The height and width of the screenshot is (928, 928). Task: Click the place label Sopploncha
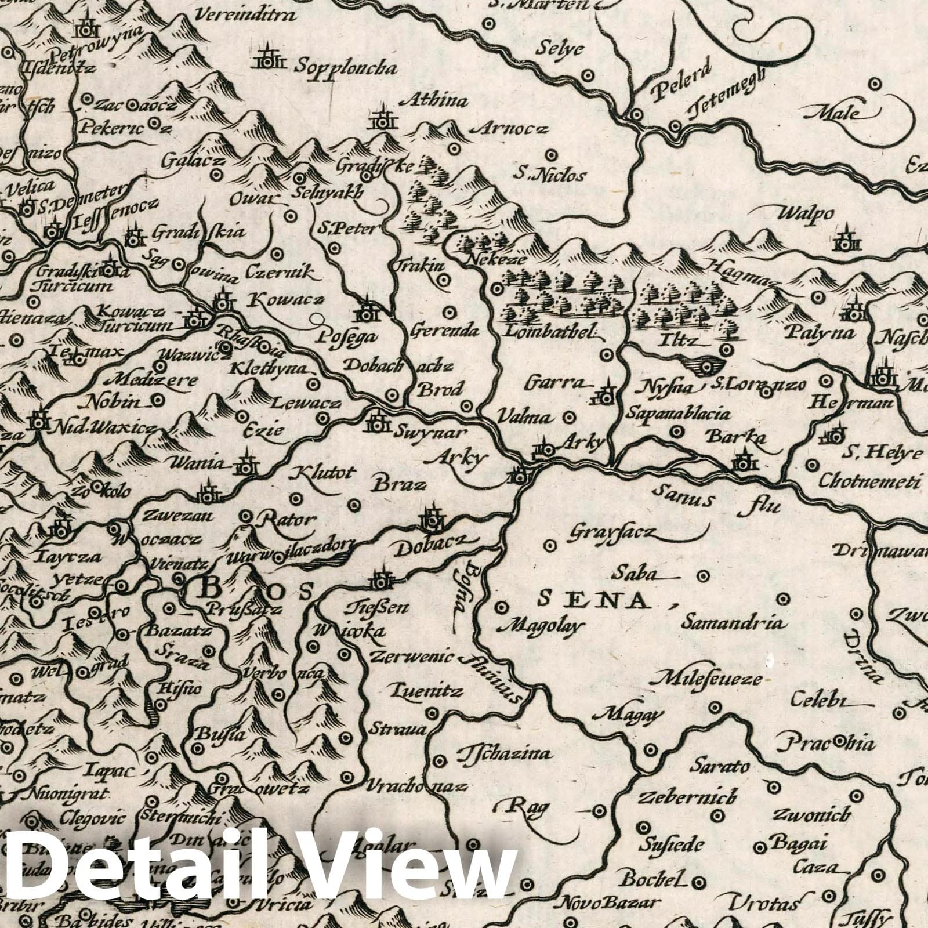coord(345,67)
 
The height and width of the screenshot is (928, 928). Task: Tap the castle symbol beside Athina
coord(383,120)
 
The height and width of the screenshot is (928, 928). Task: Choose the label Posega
coord(347,337)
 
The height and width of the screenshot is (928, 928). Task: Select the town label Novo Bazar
coord(607,903)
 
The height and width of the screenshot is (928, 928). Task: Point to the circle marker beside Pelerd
coord(636,114)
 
